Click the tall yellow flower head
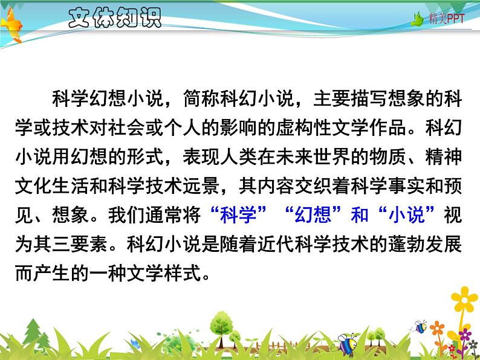pyautogui.click(x=464, y=299)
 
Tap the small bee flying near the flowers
pyautogui.click(x=420, y=327)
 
